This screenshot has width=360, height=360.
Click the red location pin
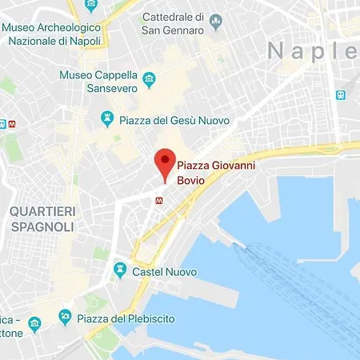click(165, 162)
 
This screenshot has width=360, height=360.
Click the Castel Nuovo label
click(165, 272)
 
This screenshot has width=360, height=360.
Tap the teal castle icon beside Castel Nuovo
click(120, 271)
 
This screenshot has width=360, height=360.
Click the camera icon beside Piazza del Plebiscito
click(65, 319)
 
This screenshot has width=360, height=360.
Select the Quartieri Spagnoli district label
click(42, 218)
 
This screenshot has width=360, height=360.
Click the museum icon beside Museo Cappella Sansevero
click(149, 78)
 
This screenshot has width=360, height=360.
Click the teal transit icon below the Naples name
click(342, 95)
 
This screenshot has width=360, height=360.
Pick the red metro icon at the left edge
click(2, 124)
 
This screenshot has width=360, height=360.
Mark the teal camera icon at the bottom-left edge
click(34, 324)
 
